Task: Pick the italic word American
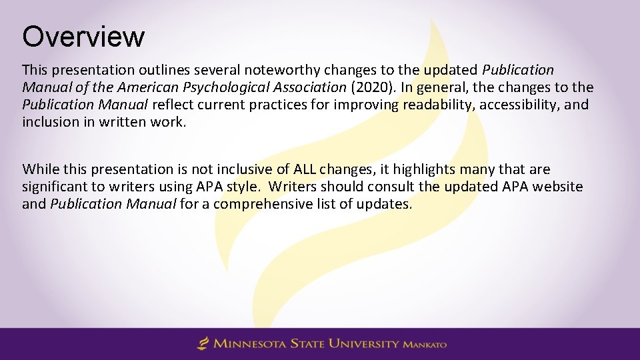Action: [142, 87]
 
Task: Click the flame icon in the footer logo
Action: [203, 344]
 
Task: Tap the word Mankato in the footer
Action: [424, 345]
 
